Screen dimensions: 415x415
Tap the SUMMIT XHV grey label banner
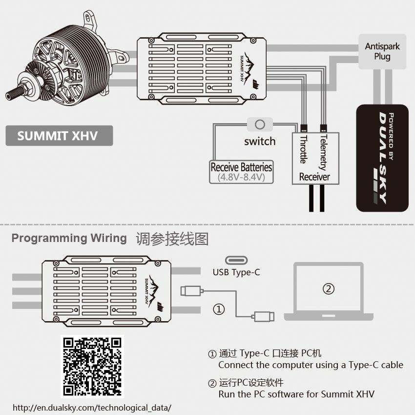pos(59,136)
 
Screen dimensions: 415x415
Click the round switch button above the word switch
pos(260,125)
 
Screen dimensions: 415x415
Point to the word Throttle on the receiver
pos(303,150)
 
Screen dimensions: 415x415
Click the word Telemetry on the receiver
pos(322,152)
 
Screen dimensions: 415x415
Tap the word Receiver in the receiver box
pos(314,177)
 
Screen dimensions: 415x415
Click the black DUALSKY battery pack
pos(382,158)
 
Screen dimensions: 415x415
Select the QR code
pos(92,366)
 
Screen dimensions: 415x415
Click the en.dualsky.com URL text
pos(92,407)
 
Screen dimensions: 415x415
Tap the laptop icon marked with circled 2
pos(329,291)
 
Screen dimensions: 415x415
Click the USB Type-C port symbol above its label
pos(236,260)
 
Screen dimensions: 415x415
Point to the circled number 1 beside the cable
pos(220,309)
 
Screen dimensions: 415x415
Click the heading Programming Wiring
pos(69,239)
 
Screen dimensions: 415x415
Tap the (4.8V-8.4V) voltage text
pos(241,177)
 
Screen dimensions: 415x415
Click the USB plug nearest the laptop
pos(264,316)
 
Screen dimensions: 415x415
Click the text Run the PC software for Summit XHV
pos(296,394)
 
